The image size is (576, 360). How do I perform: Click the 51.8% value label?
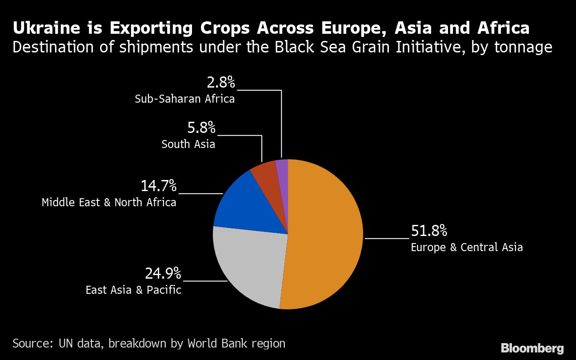pos(429,231)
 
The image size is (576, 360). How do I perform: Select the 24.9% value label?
pos(163,273)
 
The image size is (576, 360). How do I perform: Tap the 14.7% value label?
pos(159,186)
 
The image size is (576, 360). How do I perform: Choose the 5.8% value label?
pos(201,128)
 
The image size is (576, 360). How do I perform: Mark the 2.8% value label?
pos(220,82)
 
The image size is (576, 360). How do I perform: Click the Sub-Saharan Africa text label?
pos(184,99)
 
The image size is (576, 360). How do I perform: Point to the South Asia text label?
pos(188,144)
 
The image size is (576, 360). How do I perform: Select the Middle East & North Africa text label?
pos(109,203)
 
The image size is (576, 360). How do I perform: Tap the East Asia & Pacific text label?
pos(133,290)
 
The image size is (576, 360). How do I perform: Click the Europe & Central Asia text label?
pos(467,248)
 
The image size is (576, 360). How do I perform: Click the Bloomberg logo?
pos(532,348)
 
